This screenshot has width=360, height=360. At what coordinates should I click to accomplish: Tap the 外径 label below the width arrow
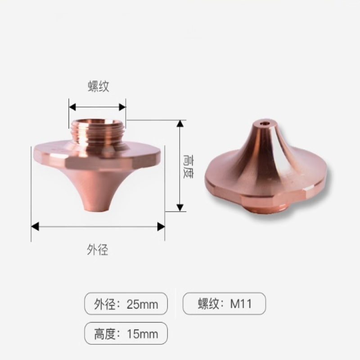pos(98,250)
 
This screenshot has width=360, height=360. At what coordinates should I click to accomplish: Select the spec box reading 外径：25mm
pos(126,304)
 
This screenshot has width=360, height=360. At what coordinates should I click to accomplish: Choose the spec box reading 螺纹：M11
pos(224,304)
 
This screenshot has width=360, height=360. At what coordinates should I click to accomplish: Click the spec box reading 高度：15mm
pos(126,334)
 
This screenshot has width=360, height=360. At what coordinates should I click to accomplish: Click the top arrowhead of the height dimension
pos(180,123)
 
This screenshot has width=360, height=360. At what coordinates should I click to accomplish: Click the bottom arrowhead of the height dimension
pos(180,207)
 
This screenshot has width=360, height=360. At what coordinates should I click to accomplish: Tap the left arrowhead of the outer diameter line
pos(35,226)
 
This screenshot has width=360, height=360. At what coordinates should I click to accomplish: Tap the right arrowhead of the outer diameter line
pos(161,226)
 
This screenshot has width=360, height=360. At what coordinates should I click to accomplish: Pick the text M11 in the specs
pos(241,304)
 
